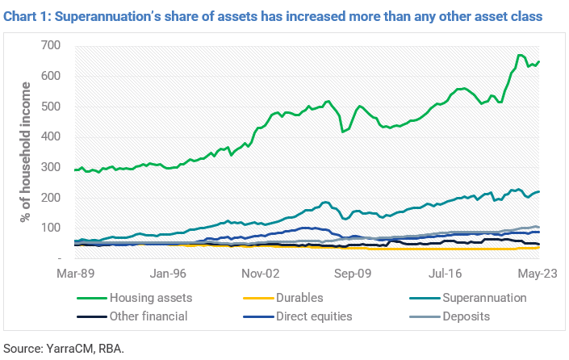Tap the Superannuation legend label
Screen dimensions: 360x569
coord(485,298)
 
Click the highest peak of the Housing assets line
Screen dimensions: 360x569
coord(520,55)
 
